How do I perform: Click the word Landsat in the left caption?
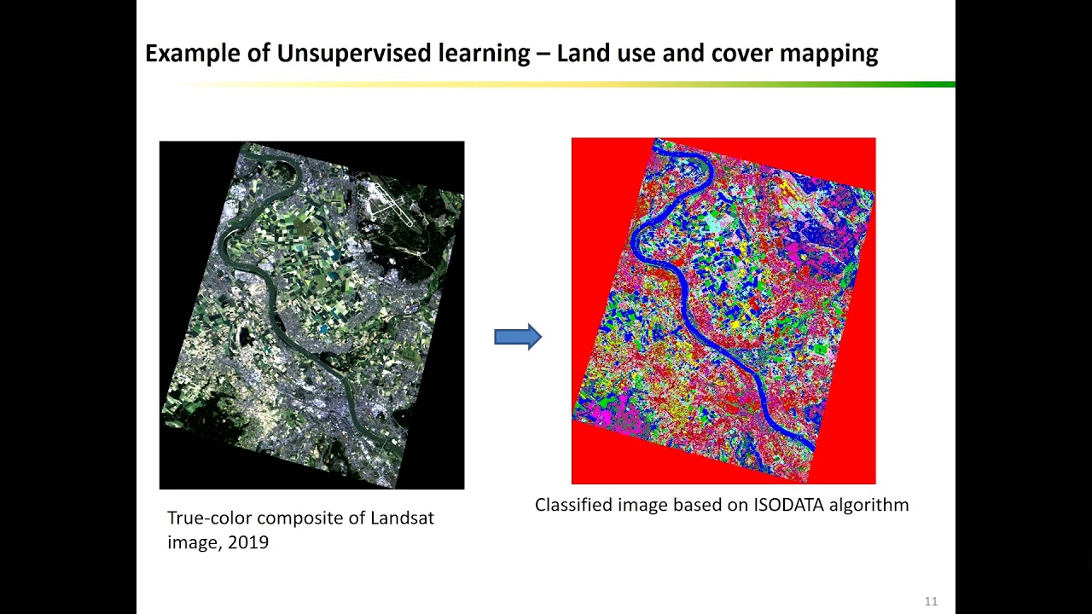402,518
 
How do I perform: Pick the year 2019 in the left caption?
248,542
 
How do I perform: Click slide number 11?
931,601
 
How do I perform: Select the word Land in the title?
580,54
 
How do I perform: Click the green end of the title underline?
938,84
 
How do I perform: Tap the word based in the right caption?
695,505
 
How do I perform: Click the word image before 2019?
194,542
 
